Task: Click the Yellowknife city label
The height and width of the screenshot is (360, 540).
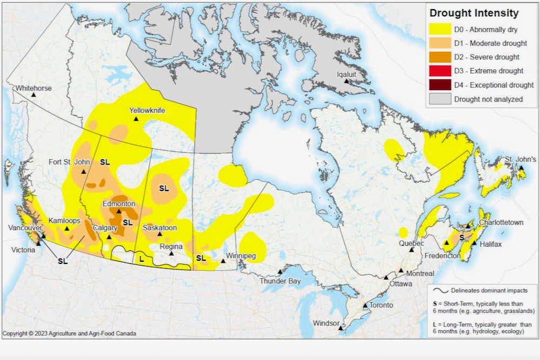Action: tap(147, 111)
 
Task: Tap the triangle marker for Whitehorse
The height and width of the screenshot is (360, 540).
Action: tap(33, 94)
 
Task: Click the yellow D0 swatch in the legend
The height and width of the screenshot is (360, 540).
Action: tap(440, 29)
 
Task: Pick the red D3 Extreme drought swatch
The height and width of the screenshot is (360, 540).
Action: tap(440, 71)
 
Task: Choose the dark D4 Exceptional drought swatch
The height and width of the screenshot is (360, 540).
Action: tap(440, 85)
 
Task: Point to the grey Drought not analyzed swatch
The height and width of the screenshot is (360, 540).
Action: tap(440, 99)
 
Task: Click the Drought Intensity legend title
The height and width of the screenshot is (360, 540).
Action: tap(473, 13)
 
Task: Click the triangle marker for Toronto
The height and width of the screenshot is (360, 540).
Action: tap(366, 305)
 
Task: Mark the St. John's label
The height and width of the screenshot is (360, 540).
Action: tap(521, 160)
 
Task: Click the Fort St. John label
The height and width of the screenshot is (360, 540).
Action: tap(69, 162)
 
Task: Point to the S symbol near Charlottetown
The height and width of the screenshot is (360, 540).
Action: tap(462, 237)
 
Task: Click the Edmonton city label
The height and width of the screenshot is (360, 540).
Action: tap(119, 204)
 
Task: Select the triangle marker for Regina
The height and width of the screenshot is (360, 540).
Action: tap(171, 253)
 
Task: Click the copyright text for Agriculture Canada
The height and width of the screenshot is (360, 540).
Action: tap(70, 334)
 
